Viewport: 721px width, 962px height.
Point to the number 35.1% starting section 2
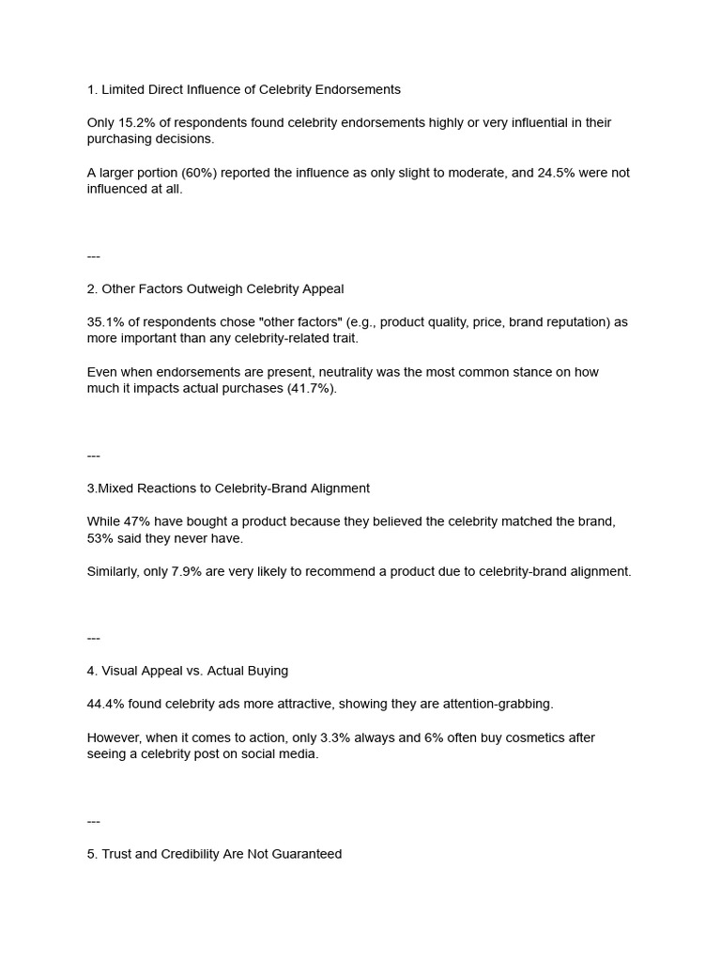coord(104,322)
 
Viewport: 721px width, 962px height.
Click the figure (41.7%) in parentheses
coord(311,388)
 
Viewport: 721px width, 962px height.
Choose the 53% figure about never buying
coord(100,537)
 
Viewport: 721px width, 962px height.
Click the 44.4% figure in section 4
coord(104,704)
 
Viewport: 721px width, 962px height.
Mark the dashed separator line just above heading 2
coord(94,256)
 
